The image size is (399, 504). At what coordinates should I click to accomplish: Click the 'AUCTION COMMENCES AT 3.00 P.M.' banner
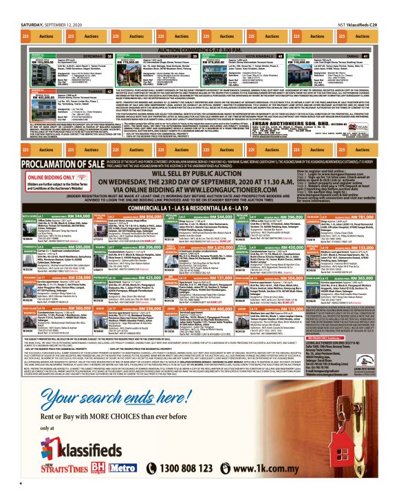(x=199, y=50)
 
